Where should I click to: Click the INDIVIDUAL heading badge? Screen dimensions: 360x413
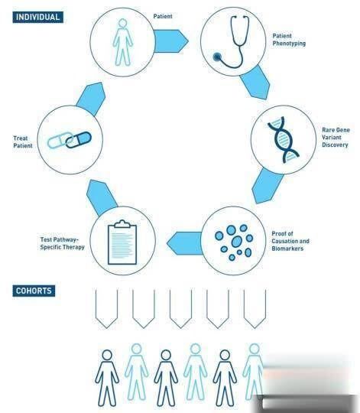coord(38,18)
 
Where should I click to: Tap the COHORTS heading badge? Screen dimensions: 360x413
coord(34,291)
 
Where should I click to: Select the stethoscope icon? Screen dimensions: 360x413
coord(232,42)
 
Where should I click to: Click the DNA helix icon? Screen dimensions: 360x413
coord(283,140)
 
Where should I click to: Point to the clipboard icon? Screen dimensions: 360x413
coord(122,242)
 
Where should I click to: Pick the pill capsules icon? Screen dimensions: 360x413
coord(70,140)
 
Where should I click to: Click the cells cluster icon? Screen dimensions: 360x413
coord(234,242)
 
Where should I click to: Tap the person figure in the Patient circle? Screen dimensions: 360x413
coord(122,42)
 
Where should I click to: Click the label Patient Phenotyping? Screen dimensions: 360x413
coord(289,40)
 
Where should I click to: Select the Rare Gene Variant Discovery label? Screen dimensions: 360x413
coord(336,137)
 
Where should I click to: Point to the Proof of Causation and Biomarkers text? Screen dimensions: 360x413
coord(290,241)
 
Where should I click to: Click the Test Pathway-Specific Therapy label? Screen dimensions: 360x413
coord(63,243)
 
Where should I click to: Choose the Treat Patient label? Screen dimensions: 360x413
coord(23,141)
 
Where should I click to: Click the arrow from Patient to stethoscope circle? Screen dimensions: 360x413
coord(171,41)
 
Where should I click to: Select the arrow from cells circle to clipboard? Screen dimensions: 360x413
coord(185,243)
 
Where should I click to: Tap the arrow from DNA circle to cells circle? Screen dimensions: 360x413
coord(266,187)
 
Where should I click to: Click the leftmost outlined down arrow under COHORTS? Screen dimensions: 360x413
coord(106,309)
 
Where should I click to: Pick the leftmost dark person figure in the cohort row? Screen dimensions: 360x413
coord(107,378)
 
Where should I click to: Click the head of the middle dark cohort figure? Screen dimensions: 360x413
coord(166,355)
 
